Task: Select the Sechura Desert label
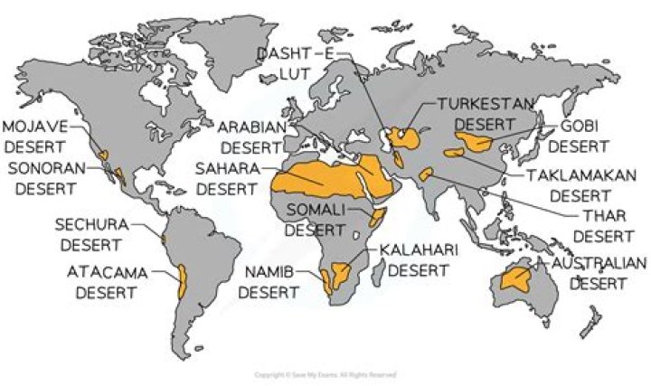(92, 233)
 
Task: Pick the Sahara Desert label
(228, 178)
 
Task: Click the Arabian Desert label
(252, 136)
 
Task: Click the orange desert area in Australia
(519, 280)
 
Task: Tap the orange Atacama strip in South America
(181, 282)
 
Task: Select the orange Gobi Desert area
(475, 140)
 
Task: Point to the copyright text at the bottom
(325, 373)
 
